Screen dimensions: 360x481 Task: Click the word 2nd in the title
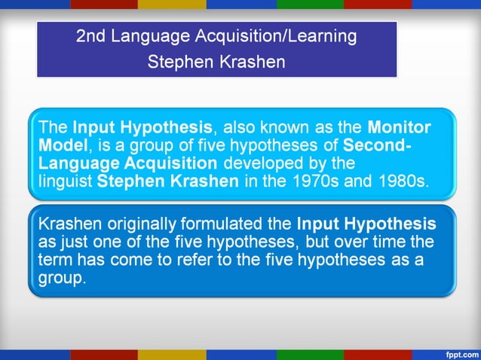click(91, 37)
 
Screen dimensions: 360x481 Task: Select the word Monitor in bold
click(400, 127)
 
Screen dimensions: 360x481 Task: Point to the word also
click(243, 127)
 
